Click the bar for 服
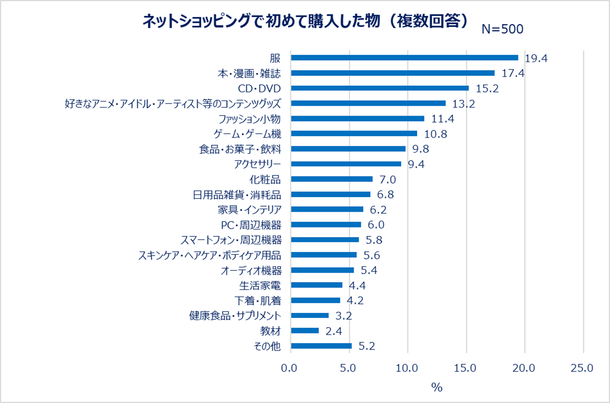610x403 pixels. coord(404,58)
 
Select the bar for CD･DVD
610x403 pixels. coord(379,88)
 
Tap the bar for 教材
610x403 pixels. coord(305,331)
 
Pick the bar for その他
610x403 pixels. coord(321,346)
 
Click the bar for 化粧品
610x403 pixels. coord(331,179)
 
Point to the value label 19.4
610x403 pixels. coord(536,58)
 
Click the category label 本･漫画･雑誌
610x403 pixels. coord(249,73)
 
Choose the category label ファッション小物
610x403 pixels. coord(250,119)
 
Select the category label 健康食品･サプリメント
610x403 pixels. coord(235,316)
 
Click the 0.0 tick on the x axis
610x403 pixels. coord(291,368)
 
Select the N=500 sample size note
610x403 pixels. coord(502,29)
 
